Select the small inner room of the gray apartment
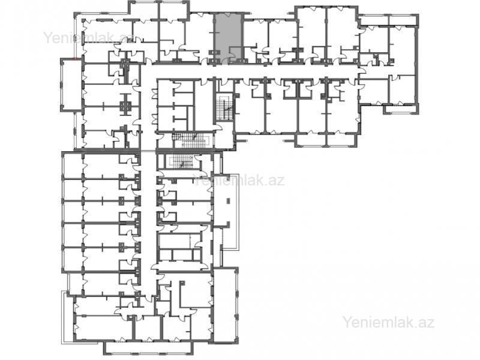[235, 55]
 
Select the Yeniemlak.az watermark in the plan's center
[239, 181]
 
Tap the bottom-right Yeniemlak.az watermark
[388, 322]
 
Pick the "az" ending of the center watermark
[277, 181]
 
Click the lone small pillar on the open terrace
[228, 201]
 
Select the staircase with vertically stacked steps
[224, 107]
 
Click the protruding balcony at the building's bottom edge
[148, 347]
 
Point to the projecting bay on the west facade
[71, 85]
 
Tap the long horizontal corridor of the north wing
[251, 71]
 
